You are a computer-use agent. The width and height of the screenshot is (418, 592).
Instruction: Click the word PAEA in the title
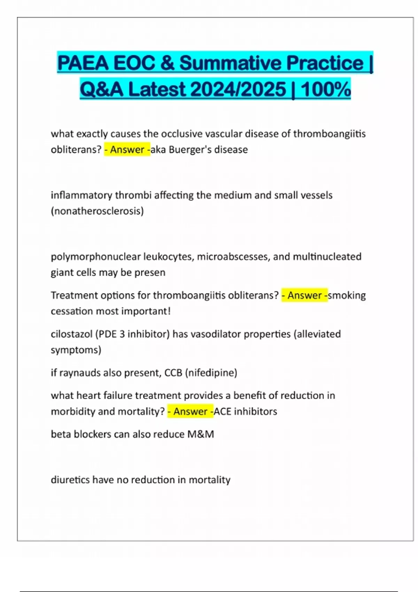point(83,63)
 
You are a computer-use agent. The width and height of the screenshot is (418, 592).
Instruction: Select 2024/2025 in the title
point(238,89)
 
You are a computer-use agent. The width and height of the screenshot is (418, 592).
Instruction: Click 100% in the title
point(326,89)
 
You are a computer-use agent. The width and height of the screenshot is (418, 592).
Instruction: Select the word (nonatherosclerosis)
point(97,211)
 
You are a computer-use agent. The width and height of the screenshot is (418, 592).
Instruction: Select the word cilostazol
point(71,334)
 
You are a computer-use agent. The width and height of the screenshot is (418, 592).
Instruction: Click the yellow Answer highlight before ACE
point(190,412)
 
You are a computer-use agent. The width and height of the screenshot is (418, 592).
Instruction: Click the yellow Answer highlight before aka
point(127,150)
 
